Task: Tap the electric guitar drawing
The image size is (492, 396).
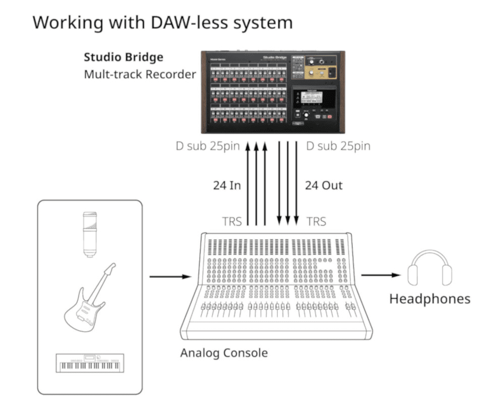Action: [x=90, y=297]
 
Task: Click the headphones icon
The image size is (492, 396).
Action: [x=429, y=270]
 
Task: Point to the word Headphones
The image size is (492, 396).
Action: [x=429, y=299]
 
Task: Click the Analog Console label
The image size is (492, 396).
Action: [x=224, y=353]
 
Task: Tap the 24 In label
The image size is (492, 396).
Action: [x=227, y=185]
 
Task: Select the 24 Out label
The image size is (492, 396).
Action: [x=324, y=185]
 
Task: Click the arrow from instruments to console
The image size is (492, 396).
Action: [x=170, y=276]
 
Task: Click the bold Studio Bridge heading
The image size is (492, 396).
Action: [x=123, y=57]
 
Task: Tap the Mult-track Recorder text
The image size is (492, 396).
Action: [x=140, y=75]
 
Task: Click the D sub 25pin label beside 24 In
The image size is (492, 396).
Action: [x=207, y=146]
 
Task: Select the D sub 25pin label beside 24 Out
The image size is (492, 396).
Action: [x=338, y=146]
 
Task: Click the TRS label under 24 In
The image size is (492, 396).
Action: [x=232, y=221]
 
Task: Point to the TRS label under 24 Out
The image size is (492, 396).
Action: [x=316, y=221]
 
